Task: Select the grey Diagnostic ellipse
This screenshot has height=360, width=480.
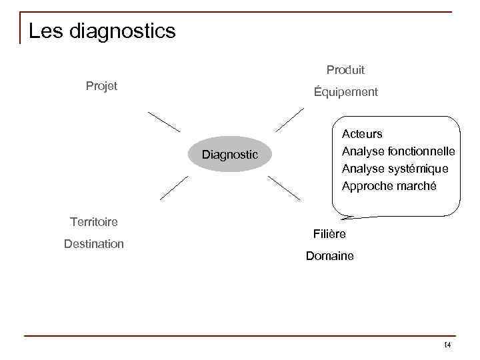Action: [230, 155]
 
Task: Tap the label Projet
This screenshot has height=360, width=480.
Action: [101, 85]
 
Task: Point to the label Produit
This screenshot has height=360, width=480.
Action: [345, 69]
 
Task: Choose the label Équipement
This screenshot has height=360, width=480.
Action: [345, 92]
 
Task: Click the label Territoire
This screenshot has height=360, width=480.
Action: [93, 221]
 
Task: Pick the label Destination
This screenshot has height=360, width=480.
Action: [93, 244]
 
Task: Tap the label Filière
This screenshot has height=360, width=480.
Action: [329, 234]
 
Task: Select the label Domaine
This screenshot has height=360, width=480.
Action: [329, 256]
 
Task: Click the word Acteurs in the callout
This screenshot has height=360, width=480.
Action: [362, 134]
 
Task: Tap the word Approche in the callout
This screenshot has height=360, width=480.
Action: [365, 186]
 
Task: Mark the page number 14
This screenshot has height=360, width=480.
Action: [447, 345]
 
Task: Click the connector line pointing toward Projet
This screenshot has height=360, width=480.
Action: [164, 122]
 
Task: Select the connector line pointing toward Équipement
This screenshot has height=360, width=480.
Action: [290, 119]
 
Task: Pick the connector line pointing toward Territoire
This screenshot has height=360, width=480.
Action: [174, 188]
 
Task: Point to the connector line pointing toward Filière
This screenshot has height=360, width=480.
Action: [284, 189]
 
